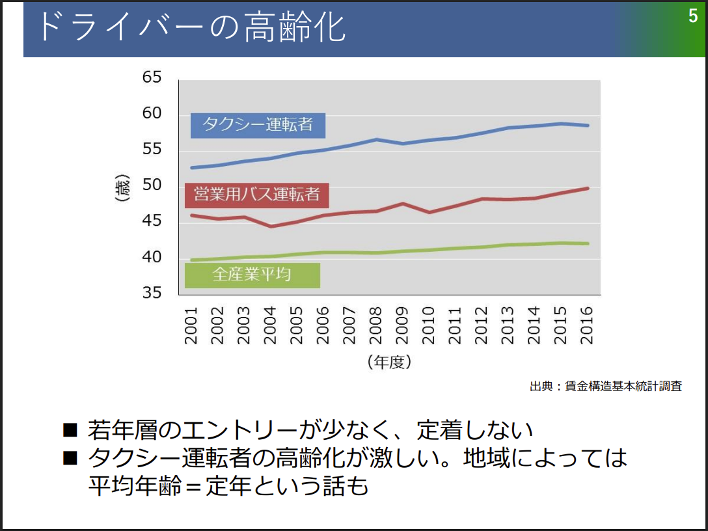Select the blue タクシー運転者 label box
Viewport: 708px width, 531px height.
[258, 125]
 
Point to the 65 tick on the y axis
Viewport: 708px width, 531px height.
[151, 77]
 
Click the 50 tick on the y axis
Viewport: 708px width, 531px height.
[151, 185]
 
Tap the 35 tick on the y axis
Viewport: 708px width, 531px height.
[151, 292]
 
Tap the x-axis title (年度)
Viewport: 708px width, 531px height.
[388, 362]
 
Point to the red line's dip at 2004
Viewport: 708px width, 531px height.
[271, 226]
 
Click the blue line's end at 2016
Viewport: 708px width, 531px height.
[588, 125]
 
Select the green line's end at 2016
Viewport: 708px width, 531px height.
[588, 243]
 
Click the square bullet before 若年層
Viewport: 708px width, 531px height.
[70, 429]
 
